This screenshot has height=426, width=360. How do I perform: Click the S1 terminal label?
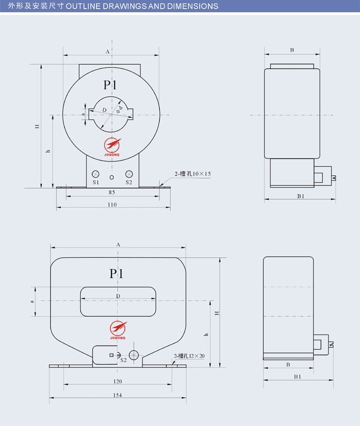click(96, 182)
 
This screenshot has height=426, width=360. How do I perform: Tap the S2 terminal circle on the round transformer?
click(129, 174)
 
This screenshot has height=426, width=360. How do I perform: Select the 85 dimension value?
click(112, 192)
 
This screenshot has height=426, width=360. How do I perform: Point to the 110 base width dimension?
click(112, 205)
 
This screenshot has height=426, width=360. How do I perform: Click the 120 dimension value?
click(118, 381)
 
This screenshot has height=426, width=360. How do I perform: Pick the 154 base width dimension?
click(118, 395)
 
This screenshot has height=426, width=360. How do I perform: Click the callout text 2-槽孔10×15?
click(192, 174)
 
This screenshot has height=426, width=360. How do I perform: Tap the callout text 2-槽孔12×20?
click(189, 356)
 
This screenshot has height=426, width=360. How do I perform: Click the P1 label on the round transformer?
click(110, 85)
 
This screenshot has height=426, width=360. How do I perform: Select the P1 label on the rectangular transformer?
click(116, 274)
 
